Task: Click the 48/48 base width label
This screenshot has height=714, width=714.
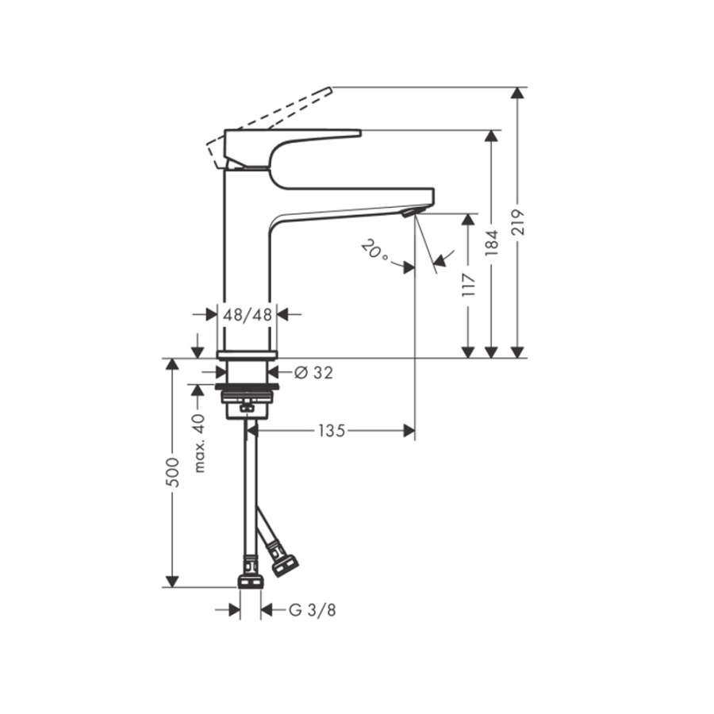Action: [x=248, y=314]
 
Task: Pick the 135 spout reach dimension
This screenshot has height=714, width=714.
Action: [x=332, y=431]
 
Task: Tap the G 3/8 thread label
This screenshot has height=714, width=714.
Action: [x=306, y=610]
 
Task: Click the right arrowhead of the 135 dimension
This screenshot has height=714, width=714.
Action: [x=409, y=431]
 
